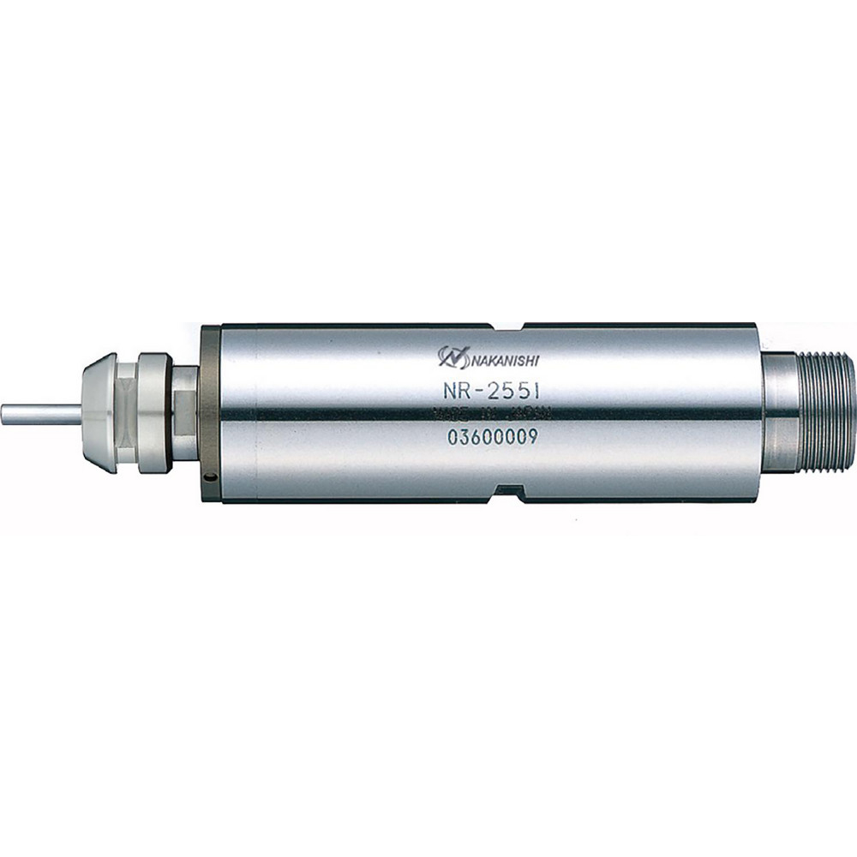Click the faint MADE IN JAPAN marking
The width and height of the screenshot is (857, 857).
(491, 415)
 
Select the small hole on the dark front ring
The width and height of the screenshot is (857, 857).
(208, 478)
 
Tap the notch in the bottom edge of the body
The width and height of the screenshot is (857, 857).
(507, 493)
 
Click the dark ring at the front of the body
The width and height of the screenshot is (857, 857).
(208, 411)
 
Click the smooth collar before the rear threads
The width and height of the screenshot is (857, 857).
(781, 413)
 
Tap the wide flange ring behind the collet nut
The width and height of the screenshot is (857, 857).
(154, 412)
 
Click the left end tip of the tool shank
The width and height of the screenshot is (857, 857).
(4, 415)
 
